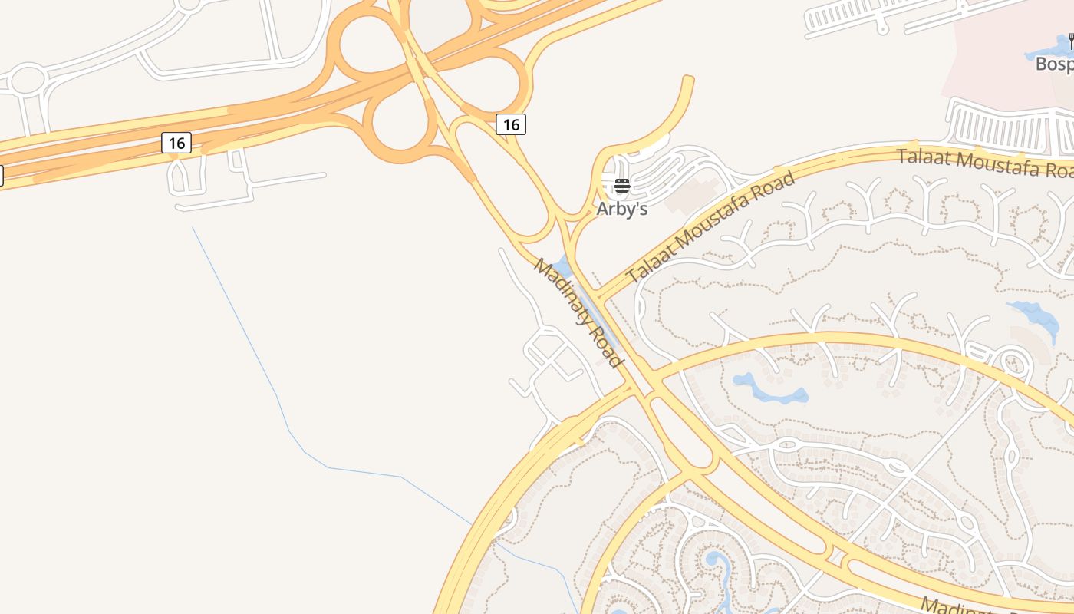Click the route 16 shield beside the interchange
point(511,124)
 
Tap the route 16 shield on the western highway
point(176,143)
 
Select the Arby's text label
point(622,209)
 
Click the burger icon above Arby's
point(622,186)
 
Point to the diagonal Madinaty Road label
point(577,312)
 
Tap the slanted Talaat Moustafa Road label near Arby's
point(710,227)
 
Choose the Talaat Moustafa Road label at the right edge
point(986,163)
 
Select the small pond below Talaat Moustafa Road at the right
point(1036,315)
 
